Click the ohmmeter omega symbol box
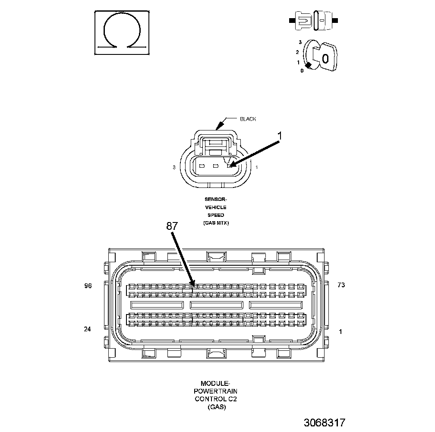(x=122, y=33)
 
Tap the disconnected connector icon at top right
(x=314, y=20)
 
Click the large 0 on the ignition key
(x=325, y=58)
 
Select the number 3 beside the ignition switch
(x=299, y=42)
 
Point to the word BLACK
(x=248, y=119)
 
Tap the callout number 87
(x=172, y=226)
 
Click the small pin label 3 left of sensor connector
(x=173, y=167)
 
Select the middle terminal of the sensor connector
(x=216, y=165)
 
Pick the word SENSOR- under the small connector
(x=216, y=200)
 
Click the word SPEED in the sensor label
(x=216, y=215)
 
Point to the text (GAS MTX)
(x=216, y=223)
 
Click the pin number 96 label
(x=88, y=286)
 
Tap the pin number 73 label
(x=341, y=285)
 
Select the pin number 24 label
(x=88, y=329)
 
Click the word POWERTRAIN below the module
(x=216, y=391)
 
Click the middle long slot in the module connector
(x=216, y=305)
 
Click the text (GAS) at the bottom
(x=216, y=407)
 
